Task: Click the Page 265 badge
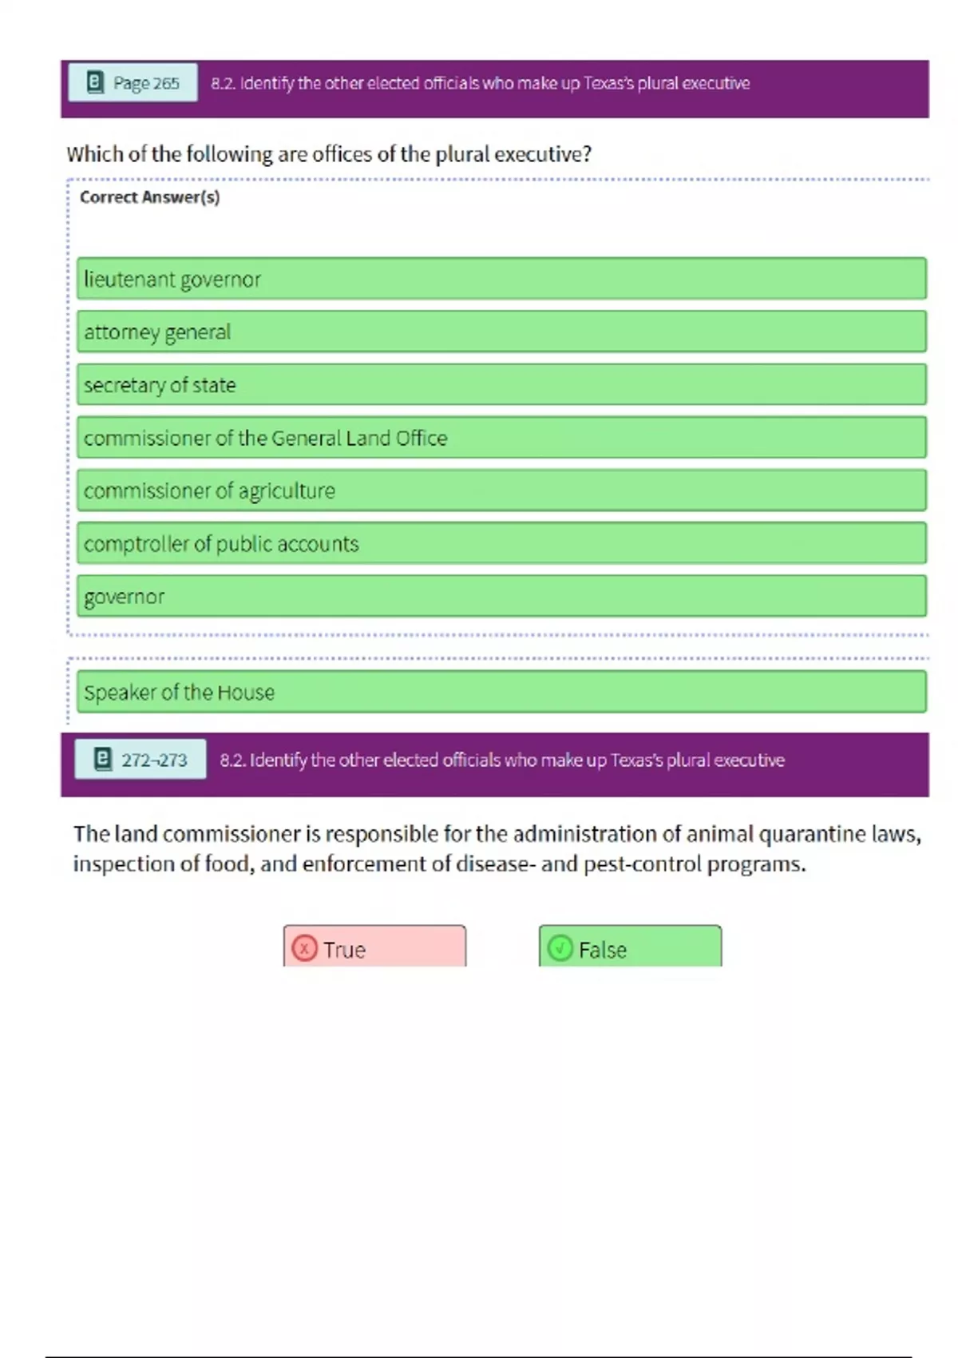tap(133, 82)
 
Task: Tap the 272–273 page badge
tap(141, 759)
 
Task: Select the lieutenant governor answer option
tap(501, 279)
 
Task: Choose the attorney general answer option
tap(501, 332)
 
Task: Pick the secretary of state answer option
tap(501, 384)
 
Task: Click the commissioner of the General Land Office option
tap(501, 438)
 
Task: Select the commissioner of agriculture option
tap(501, 490)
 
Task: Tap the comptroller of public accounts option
tap(501, 543)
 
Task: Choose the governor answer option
tap(501, 596)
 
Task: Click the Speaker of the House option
tap(501, 692)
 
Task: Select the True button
tap(374, 948)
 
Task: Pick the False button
tap(630, 948)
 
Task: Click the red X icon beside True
tap(304, 948)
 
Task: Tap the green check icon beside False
tap(560, 948)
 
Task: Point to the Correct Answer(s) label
tap(150, 197)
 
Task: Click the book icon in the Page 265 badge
tap(95, 82)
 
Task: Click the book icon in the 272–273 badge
tap(103, 759)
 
